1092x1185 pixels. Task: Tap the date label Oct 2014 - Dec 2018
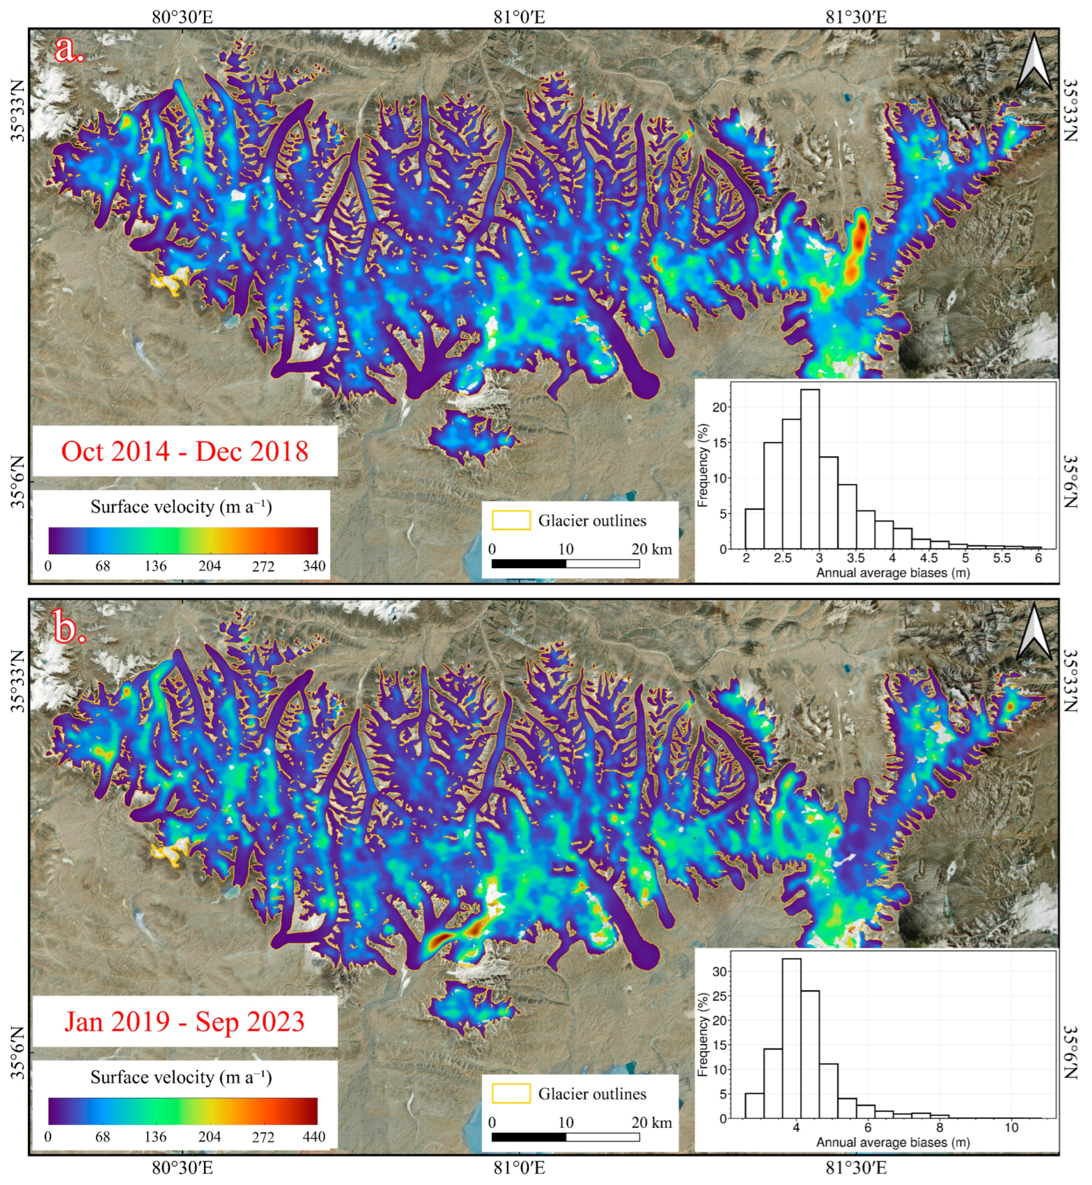click(x=184, y=452)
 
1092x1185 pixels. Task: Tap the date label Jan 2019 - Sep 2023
click(x=184, y=1022)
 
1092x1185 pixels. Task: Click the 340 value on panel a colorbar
click(x=314, y=566)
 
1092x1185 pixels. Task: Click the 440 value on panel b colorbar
click(x=314, y=1136)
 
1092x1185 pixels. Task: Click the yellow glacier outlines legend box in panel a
click(x=510, y=521)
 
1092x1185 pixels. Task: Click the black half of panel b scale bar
click(x=528, y=1136)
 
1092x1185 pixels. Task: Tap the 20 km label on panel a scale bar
click(x=652, y=549)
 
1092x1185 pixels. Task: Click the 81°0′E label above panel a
click(x=519, y=17)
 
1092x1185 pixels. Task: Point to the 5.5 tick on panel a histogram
click(x=1001, y=558)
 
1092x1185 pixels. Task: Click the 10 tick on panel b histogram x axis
click(x=1011, y=1128)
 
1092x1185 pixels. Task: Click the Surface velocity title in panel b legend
click(x=181, y=1077)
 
